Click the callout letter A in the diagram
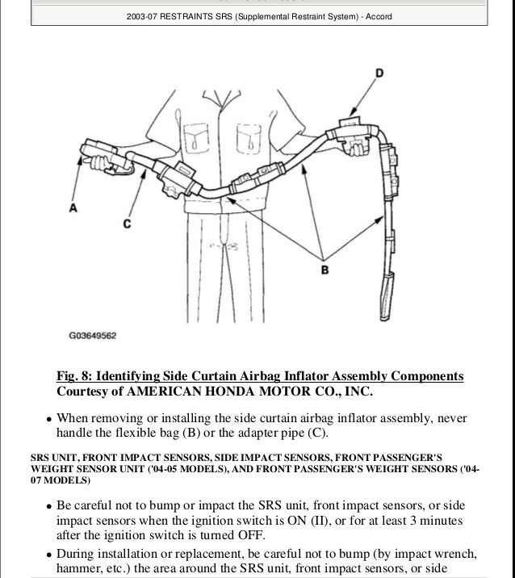(x=73, y=208)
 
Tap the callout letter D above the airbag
(x=379, y=74)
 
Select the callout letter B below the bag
(x=324, y=271)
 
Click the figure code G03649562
(x=92, y=333)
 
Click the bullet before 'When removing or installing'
(x=49, y=419)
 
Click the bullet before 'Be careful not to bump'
(x=49, y=506)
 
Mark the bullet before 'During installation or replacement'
(x=49, y=555)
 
